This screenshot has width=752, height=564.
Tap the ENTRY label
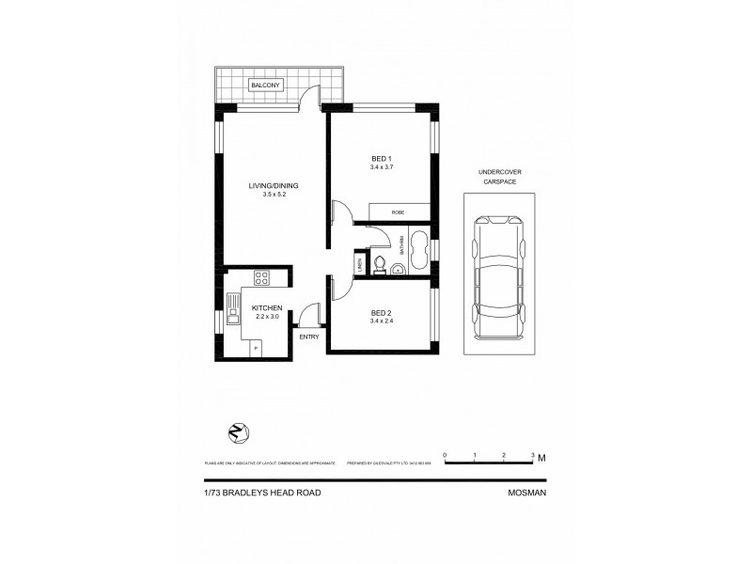coord(308,336)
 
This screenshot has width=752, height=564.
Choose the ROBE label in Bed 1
coord(399,213)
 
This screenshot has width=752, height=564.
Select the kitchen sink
coord(234,307)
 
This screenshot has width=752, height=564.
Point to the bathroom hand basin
coord(399,270)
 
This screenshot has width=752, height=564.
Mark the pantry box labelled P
coord(256,348)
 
